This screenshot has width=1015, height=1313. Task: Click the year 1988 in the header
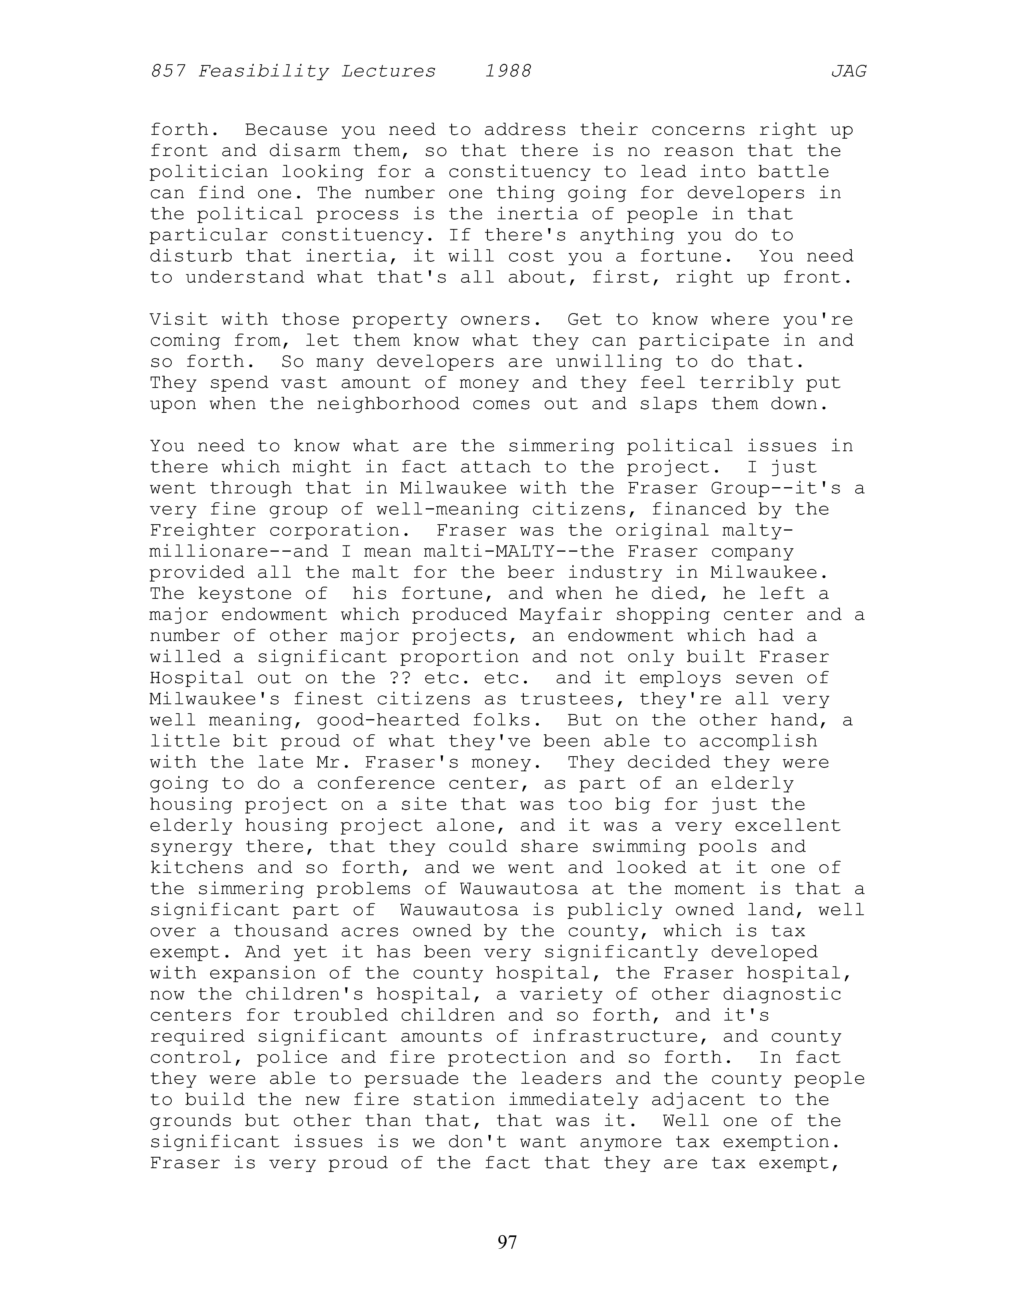(508, 72)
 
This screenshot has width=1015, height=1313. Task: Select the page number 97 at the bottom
(507, 1241)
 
